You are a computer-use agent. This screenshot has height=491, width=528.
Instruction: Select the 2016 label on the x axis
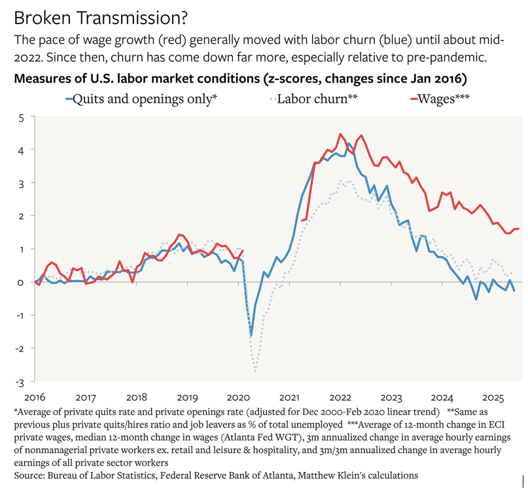(34, 397)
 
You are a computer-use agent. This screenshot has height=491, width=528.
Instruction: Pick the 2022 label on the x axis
(341, 397)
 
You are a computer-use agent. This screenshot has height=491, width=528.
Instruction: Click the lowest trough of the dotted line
(255, 371)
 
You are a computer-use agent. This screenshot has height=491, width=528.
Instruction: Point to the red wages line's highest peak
(340, 134)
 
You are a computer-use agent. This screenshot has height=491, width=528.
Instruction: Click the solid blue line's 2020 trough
(251, 335)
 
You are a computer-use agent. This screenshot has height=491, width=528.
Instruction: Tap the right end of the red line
(519, 228)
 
